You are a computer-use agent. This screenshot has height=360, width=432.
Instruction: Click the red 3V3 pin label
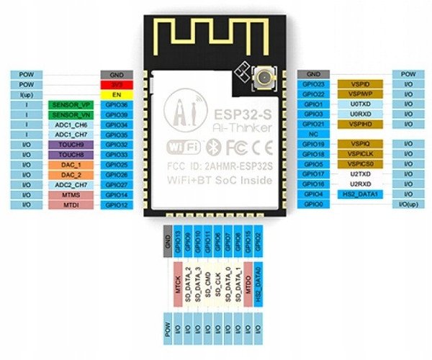coord(116,84)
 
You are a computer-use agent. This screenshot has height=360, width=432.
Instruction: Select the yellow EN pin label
coord(116,94)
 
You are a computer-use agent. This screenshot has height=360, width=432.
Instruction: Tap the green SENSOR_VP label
coord(71,104)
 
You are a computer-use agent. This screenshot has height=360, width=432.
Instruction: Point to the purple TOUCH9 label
coord(71,145)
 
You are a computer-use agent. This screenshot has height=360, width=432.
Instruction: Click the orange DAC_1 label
coord(71,165)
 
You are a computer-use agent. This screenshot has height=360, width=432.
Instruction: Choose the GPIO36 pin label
coord(116,104)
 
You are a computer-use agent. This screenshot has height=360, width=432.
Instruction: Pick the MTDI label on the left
coord(71,205)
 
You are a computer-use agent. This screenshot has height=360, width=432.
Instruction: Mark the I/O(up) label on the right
coord(408,205)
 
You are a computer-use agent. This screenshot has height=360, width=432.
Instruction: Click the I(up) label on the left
coord(27,94)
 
